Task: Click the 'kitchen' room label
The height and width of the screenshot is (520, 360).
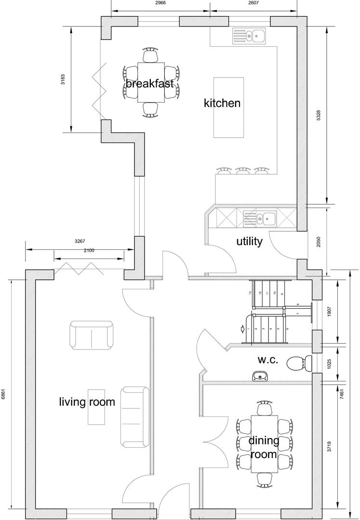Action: click(222, 103)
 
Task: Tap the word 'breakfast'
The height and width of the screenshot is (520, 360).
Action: click(150, 83)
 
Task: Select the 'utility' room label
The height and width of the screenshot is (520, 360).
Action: click(249, 241)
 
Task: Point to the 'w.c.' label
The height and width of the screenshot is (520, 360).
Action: click(267, 360)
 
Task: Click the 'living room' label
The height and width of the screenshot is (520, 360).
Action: click(87, 402)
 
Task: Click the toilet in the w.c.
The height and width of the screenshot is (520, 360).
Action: click(299, 363)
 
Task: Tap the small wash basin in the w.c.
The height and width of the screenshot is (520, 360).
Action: click(259, 376)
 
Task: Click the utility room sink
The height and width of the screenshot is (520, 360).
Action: click(259, 219)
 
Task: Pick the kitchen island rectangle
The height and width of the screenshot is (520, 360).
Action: click(228, 107)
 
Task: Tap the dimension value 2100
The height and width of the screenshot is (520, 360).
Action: click(89, 250)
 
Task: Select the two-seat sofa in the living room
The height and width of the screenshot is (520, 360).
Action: click(92, 335)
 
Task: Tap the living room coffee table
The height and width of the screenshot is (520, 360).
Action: click(96, 407)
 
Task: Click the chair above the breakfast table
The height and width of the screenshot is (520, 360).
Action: click(151, 55)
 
